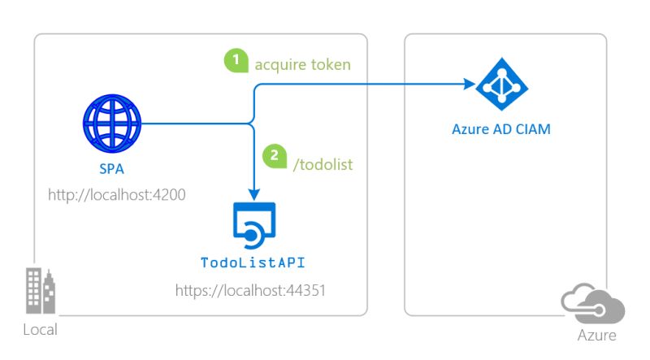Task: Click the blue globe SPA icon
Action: [x=115, y=124]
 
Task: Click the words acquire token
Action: [x=302, y=63]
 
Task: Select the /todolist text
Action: [x=323, y=164]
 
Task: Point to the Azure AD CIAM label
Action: [x=501, y=129]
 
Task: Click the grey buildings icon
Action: [x=40, y=291]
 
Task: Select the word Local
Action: [x=40, y=330]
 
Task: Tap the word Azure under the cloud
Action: [x=596, y=335]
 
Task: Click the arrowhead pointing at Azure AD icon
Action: [x=469, y=85]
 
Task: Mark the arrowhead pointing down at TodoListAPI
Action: [x=255, y=195]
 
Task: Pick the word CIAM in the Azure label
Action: [x=531, y=129]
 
